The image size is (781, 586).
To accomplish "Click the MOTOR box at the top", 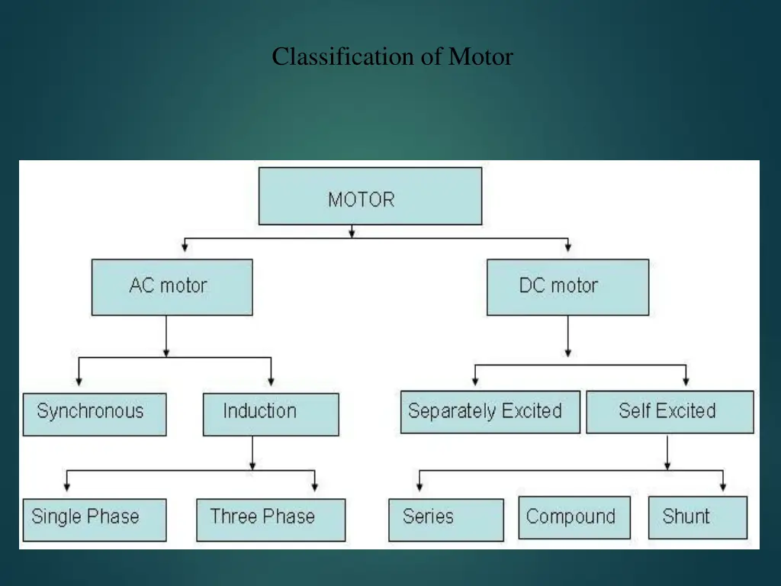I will [x=370, y=196].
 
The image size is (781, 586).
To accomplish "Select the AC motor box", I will [x=172, y=287].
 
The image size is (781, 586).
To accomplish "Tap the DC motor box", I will [x=567, y=287].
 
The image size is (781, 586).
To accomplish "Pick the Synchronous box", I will [x=95, y=414].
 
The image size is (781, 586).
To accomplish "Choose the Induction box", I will [x=271, y=414].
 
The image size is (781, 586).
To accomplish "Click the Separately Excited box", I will [x=490, y=412].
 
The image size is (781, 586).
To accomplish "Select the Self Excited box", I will [x=670, y=412].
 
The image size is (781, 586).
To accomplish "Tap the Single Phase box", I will [x=95, y=519].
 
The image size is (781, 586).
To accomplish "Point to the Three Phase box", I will [x=271, y=519].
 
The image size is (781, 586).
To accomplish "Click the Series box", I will [x=445, y=519].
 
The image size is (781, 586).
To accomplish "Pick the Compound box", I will [x=574, y=517].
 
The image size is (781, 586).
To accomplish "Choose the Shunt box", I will [x=698, y=517].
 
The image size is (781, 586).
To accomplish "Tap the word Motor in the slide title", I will [x=480, y=56].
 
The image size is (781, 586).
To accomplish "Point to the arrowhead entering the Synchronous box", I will [x=79, y=382].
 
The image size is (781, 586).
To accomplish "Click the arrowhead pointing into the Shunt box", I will [x=723, y=487].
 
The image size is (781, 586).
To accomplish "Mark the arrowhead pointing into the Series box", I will [x=419, y=487].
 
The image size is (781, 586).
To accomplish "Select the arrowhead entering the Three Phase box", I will [x=314, y=487].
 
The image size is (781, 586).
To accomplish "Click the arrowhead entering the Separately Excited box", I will [x=476, y=381].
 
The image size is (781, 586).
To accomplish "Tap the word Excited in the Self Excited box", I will [x=686, y=411].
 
